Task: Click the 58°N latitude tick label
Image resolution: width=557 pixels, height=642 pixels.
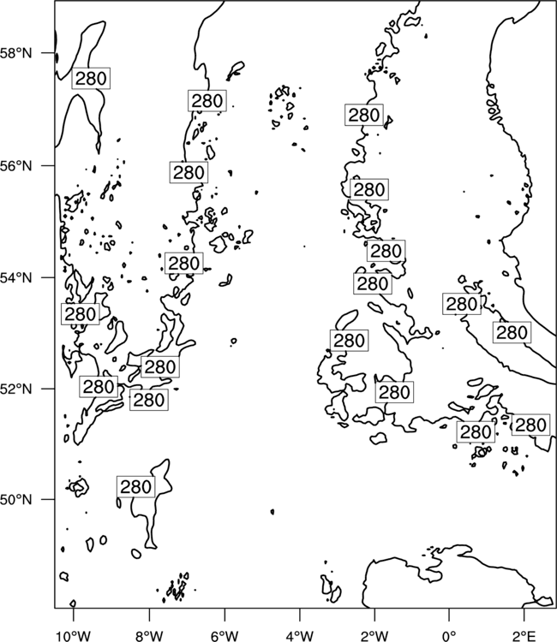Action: click(x=15, y=53)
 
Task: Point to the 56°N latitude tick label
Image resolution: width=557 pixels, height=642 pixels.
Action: click(x=15, y=166)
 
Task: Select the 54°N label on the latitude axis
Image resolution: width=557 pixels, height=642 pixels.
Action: click(x=15, y=277)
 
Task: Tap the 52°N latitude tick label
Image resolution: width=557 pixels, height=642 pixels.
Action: click(x=15, y=389)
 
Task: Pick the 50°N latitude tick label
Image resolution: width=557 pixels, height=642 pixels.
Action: click(x=15, y=500)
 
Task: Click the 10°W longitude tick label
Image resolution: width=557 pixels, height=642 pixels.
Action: click(x=74, y=636)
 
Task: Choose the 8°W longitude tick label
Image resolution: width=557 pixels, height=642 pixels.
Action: click(x=149, y=636)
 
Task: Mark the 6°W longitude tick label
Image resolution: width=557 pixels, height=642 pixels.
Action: click(x=225, y=636)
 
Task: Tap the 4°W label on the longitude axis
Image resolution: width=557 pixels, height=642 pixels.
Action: click(x=300, y=636)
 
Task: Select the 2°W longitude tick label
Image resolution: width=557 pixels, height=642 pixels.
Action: click(x=374, y=636)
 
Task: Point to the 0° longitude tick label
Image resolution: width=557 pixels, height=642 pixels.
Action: click(x=449, y=636)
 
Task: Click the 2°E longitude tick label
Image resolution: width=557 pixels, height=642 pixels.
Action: click(x=524, y=636)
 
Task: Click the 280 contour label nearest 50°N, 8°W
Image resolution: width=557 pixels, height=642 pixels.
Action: click(x=135, y=487)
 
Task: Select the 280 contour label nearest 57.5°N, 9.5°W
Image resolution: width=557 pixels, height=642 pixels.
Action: click(x=91, y=78)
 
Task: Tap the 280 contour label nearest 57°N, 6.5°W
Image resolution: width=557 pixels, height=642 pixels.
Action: click(x=207, y=100)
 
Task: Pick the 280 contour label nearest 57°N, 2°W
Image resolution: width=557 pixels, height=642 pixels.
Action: click(x=364, y=115)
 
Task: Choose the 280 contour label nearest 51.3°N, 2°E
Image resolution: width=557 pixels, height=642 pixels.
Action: click(x=530, y=425)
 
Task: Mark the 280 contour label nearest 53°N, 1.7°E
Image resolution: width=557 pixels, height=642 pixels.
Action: click(x=512, y=332)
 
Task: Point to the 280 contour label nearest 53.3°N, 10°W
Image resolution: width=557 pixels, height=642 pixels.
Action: click(x=81, y=314)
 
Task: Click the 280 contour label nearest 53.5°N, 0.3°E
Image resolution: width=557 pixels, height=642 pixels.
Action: click(x=462, y=304)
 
